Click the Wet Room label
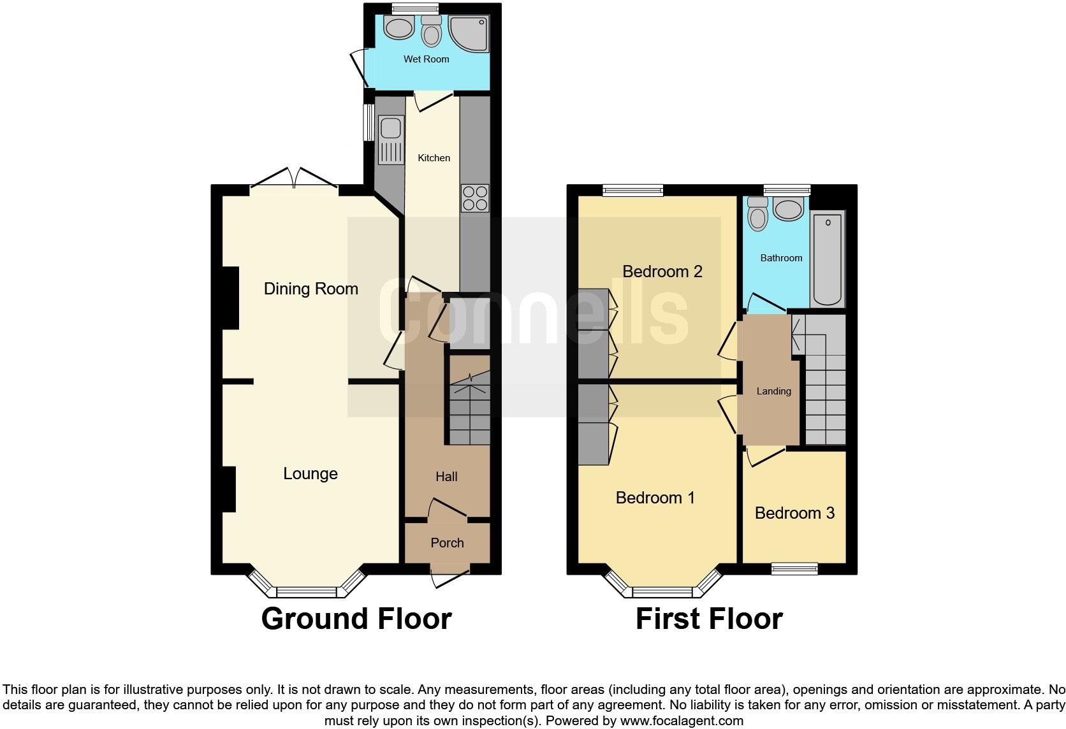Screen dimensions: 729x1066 [x=426, y=59]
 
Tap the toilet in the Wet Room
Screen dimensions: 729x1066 [x=432, y=31]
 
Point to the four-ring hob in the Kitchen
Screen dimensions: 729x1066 [x=474, y=198]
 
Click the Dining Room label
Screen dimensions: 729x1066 [x=310, y=289]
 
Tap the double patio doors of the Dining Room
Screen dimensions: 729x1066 [x=294, y=178]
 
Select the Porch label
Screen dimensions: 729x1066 [x=447, y=543]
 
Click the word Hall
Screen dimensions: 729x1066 [x=446, y=477]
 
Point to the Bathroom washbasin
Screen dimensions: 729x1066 [x=789, y=210]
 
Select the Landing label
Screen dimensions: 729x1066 [x=773, y=391]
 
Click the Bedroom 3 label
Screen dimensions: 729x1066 [x=794, y=513]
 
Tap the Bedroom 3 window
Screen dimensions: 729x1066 [x=794, y=568]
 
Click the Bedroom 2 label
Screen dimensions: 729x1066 [x=662, y=271]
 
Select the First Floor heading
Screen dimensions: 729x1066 [x=709, y=619]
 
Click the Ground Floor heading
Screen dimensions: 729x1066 [x=356, y=619]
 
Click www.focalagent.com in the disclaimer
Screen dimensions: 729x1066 [x=681, y=721]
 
